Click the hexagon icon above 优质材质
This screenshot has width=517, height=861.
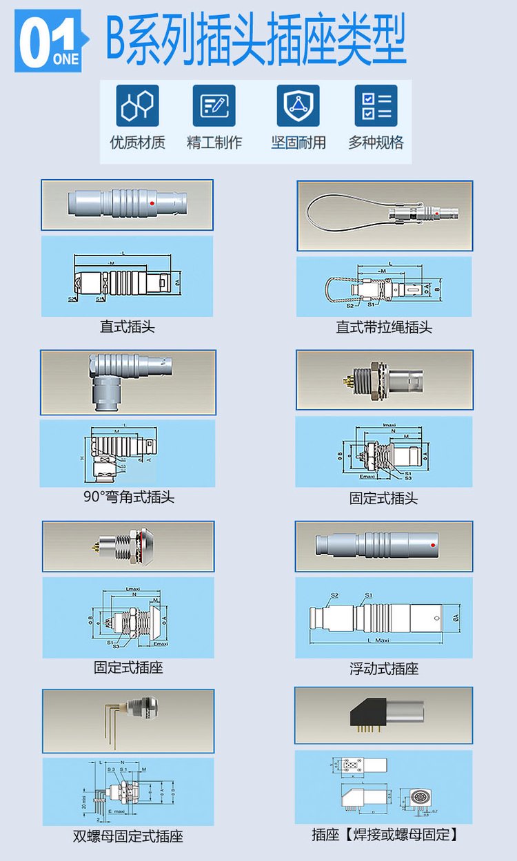pos(138,106)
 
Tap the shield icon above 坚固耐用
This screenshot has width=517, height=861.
pos(298,106)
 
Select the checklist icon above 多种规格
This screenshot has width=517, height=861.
pos(376,106)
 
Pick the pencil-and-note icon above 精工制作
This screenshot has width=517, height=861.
pos(214,106)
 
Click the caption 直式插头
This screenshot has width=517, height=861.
pos(128,326)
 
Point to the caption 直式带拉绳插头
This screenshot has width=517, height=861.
pos(384,327)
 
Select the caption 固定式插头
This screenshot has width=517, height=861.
pos(384,498)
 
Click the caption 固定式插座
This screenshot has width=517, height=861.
pos(128,667)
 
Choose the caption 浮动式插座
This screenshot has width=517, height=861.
pos(384,669)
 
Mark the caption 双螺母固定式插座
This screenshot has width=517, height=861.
pos(128,837)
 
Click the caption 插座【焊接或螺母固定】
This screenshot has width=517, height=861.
pos(385,835)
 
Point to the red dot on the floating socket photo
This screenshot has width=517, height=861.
pos(432,547)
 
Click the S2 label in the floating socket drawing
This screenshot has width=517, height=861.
pos(334,596)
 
